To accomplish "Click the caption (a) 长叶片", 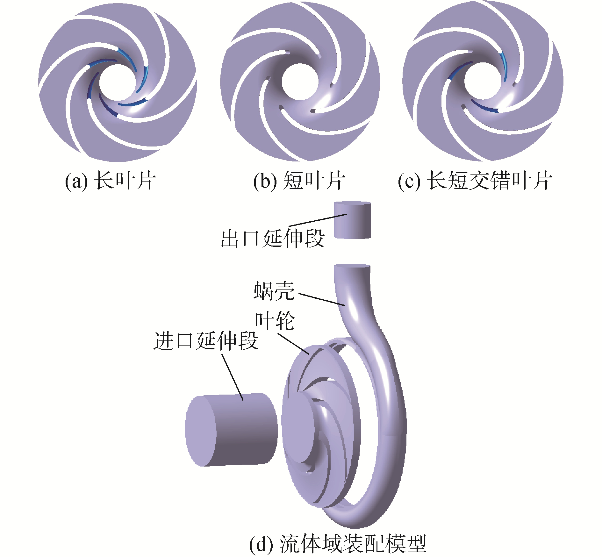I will click(x=110, y=181).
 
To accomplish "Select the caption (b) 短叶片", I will click(x=299, y=181).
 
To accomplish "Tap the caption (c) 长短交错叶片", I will click(x=474, y=181).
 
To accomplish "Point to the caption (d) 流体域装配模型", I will click(x=338, y=544).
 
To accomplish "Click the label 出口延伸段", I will click(x=272, y=239).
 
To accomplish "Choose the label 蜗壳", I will click(x=274, y=291).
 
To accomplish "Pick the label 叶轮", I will click(x=275, y=321).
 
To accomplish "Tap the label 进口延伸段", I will click(x=205, y=341).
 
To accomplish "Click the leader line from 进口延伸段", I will click(x=233, y=377).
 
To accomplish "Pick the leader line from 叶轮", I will click(x=293, y=344).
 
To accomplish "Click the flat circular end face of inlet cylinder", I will click(x=201, y=432).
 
